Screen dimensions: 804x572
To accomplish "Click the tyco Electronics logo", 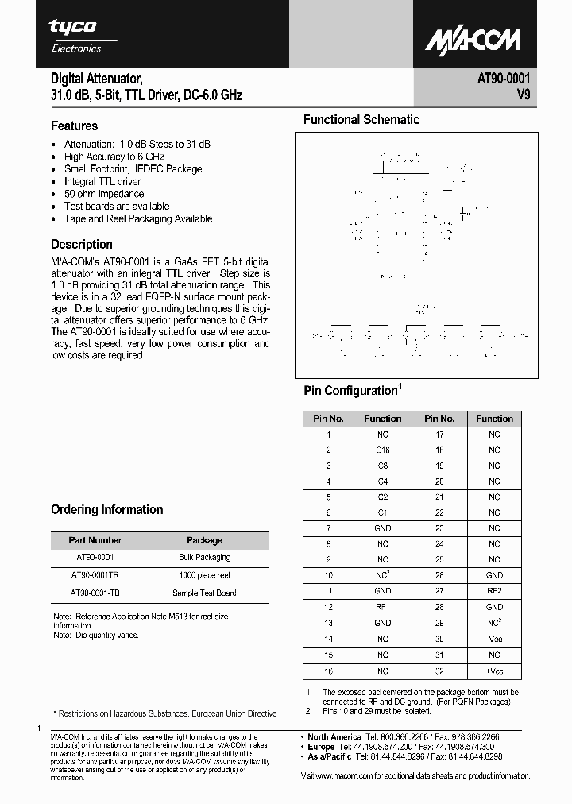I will (x=76, y=36).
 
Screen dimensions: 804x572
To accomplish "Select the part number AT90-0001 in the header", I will (x=504, y=79).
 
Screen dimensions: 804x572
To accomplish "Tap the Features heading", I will (x=74, y=126).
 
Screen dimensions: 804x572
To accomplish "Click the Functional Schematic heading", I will (x=361, y=120).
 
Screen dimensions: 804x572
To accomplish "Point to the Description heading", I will (x=82, y=245).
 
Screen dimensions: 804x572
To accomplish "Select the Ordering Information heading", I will (x=106, y=510).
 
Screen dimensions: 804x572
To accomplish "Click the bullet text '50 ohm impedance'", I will (x=104, y=194).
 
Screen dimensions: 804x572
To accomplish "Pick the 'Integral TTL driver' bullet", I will (x=102, y=181).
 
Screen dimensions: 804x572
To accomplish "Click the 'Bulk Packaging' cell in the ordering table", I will (x=204, y=558).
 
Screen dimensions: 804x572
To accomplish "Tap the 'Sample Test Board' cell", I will (x=204, y=593).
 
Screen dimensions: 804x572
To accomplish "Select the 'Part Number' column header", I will (x=95, y=540).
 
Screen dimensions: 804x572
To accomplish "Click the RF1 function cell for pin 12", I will (x=383, y=607).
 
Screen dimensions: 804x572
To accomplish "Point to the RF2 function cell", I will (x=494, y=591).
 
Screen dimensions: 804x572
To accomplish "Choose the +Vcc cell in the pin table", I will (x=494, y=671).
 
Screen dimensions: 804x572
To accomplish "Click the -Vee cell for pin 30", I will (x=494, y=639).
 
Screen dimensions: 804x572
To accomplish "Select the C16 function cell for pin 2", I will (x=383, y=450).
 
